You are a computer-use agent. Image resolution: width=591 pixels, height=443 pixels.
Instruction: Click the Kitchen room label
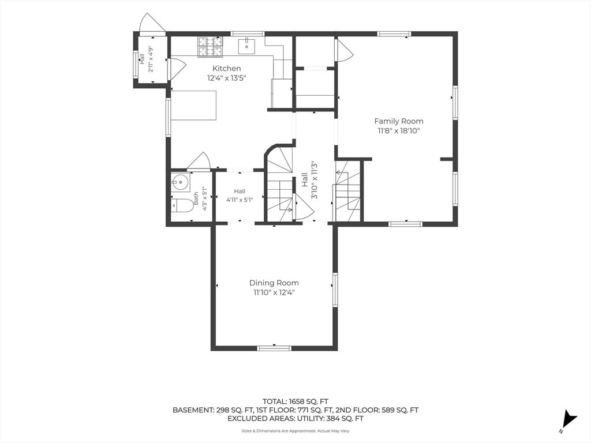coord(226,69)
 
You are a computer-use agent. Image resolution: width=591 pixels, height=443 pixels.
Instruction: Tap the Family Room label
coord(399,121)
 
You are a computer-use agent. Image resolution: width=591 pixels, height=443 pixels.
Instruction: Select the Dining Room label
coord(274,283)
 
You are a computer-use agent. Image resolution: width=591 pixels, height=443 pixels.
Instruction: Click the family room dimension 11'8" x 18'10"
coord(399,131)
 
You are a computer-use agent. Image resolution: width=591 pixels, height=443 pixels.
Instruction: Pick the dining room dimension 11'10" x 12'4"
coord(274,292)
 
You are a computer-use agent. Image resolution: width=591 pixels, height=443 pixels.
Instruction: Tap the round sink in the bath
coord(181,183)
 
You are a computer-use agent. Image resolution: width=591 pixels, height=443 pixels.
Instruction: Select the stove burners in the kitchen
coord(210,47)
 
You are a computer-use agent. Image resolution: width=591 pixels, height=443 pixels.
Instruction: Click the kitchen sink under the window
coord(246,46)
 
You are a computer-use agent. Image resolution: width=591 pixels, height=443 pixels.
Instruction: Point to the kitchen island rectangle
coord(194,105)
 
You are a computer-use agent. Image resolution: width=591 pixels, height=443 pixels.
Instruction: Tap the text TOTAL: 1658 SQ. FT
coord(295,401)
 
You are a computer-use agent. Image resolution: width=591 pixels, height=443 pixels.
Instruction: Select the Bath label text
coord(196,198)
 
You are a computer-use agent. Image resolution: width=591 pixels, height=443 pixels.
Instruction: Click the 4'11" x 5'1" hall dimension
coord(240,200)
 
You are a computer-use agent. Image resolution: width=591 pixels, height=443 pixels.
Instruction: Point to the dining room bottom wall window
coord(274,348)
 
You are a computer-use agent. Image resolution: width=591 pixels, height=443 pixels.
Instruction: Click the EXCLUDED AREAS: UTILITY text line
coord(295,418)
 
